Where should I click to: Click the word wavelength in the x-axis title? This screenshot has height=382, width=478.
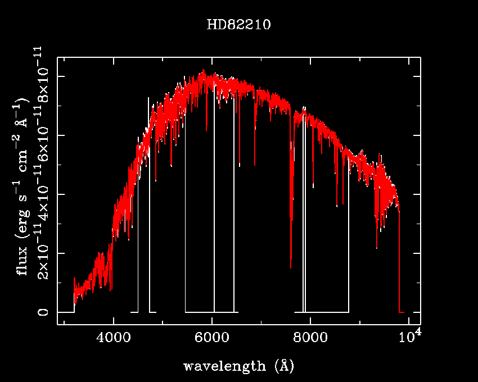pos(224,367)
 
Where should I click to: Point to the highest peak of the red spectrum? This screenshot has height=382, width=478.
pos(203,71)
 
